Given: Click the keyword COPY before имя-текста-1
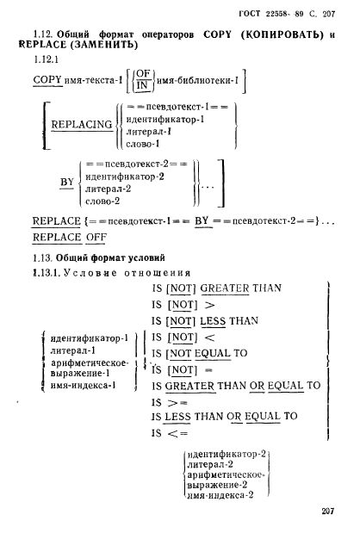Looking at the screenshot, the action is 47,80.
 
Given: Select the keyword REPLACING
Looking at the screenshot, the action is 82,124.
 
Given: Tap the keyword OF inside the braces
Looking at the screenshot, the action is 143,73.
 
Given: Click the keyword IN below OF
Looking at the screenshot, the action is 141,85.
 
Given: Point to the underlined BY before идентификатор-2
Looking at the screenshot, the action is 66,182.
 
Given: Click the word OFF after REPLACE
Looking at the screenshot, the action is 96,237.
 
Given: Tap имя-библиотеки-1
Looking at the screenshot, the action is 197,81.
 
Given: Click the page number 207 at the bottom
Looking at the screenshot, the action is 327,511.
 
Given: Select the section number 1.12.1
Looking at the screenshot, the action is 46,59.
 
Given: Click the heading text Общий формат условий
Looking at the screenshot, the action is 110,257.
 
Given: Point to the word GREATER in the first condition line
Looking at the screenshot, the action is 225,288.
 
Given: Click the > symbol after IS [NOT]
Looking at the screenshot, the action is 209,305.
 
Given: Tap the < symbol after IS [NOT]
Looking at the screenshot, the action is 209,338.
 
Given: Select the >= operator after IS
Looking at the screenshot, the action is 177,403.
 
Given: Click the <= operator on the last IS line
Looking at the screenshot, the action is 177,433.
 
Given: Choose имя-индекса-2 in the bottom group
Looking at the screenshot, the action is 220,495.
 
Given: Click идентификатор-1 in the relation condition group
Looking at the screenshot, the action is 90,338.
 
